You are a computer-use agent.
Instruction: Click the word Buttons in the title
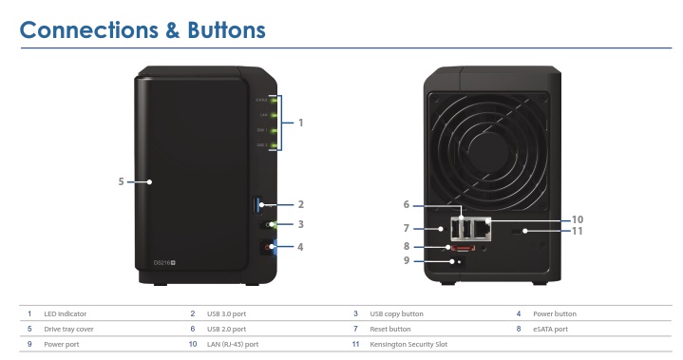pyautogui.click(x=210, y=29)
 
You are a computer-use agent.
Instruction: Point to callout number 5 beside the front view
pyautogui.click(x=121, y=180)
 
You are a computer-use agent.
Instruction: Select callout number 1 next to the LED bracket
pyautogui.click(x=301, y=123)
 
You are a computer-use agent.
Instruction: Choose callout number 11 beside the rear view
pyautogui.click(x=577, y=231)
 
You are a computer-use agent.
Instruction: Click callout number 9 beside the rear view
pyautogui.click(x=407, y=260)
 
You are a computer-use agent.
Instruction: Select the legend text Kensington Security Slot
pyautogui.click(x=408, y=344)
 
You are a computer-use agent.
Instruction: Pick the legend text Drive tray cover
pyautogui.click(x=70, y=329)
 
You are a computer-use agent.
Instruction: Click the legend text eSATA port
pyautogui.click(x=550, y=329)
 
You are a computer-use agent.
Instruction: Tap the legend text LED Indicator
pyautogui.click(x=65, y=313)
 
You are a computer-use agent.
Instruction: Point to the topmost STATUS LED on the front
pyautogui.click(x=274, y=100)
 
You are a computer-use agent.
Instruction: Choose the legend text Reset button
pyautogui.click(x=390, y=329)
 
